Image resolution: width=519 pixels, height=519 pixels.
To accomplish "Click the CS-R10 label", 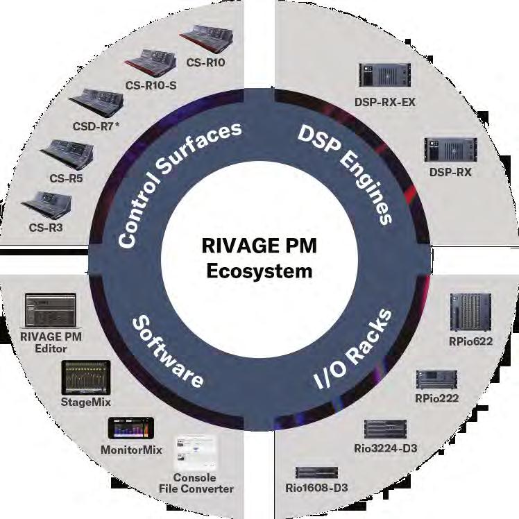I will (207, 62).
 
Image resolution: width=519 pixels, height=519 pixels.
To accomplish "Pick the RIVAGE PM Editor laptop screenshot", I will (49, 309).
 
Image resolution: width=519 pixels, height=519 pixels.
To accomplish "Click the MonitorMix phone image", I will (130, 427).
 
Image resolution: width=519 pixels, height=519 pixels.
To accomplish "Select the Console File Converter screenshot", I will (193, 454).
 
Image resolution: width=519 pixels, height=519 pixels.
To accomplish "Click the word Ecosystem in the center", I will (259, 271).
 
